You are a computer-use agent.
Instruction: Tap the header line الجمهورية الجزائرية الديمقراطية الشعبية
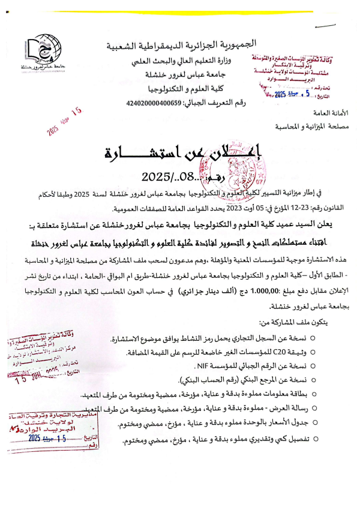[x=181, y=45]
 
